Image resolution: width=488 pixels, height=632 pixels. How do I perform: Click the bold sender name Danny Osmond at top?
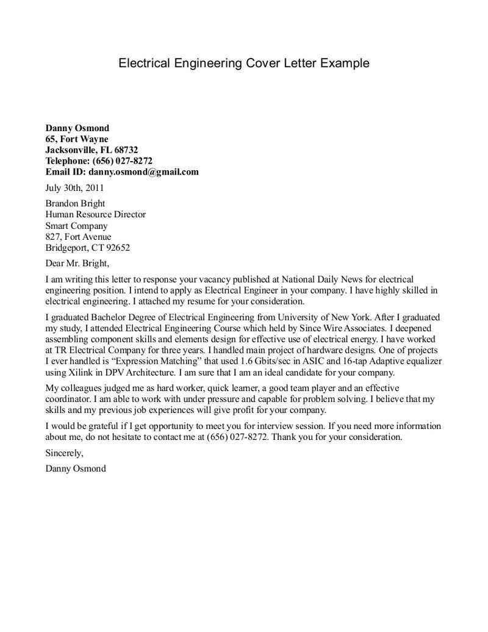click(x=77, y=128)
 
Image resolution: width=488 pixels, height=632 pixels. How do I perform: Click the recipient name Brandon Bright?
click(x=75, y=204)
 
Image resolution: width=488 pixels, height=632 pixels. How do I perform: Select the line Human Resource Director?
click(x=96, y=215)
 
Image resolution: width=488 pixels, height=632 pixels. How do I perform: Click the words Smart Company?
click(x=76, y=226)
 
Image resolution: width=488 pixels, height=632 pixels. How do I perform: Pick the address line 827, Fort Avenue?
click(x=79, y=237)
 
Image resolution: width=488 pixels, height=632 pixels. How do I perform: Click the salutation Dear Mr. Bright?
click(x=77, y=264)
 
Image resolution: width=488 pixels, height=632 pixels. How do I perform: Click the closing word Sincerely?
click(x=64, y=453)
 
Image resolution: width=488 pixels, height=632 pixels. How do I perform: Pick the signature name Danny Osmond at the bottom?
click(x=75, y=469)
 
